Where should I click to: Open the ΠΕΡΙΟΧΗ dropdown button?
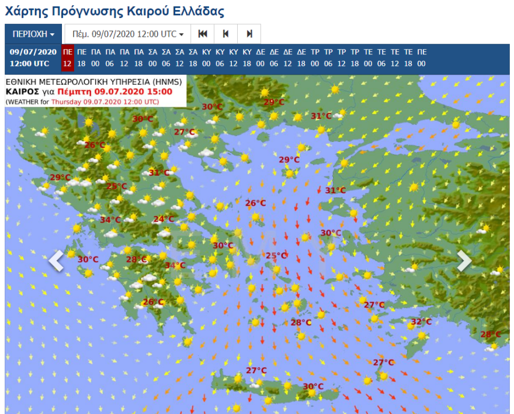point(33,34)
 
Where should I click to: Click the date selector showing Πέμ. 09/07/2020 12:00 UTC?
point(127,34)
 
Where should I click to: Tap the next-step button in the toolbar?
point(249,34)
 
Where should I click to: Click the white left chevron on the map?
point(56,261)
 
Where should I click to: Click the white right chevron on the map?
point(464,261)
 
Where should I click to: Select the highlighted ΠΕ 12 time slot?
point(67,58)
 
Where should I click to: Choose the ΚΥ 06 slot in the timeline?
point(220,58)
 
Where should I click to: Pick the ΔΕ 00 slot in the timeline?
point(261,58)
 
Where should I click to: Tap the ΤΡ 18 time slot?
point(355,58)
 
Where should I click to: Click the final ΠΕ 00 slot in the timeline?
point(422,58)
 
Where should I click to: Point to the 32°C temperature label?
point(421,322)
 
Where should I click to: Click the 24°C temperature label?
point(164,219)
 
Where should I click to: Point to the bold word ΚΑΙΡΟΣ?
point(23,92)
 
